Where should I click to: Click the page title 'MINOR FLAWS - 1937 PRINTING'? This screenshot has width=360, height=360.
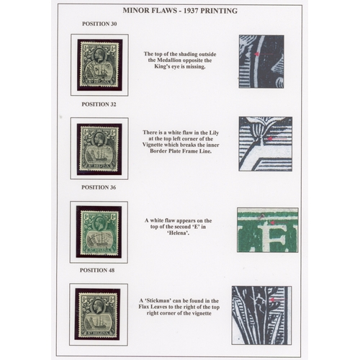180,11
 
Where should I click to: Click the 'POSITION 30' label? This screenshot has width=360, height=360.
99,24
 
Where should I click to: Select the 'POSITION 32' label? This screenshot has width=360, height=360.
99,104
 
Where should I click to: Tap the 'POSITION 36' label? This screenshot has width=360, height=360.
99,187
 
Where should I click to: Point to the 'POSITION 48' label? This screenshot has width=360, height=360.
97,270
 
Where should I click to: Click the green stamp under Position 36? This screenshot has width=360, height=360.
99,232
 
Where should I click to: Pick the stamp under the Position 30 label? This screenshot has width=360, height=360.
99,65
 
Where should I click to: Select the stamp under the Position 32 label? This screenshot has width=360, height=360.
99,148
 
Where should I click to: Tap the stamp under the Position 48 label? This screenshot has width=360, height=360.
98,315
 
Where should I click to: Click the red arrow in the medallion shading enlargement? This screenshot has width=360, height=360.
264,54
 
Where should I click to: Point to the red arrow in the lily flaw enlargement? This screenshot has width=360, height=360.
277,139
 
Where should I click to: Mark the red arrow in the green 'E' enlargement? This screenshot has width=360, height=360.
279,222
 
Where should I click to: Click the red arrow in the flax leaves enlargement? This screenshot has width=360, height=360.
277,300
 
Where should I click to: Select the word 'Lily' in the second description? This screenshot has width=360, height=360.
213,132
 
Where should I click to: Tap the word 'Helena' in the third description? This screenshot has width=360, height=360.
178,233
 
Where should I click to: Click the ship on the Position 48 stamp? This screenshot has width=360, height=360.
99,321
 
